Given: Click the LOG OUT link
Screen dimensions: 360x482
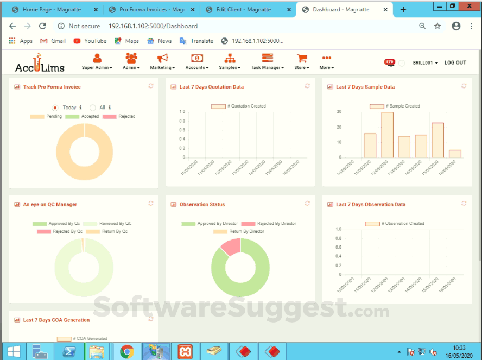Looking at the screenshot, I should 455,63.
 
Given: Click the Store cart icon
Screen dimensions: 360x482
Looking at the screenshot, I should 302,59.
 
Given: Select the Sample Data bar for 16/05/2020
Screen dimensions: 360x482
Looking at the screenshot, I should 455,154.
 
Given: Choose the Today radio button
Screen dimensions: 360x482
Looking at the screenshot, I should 55,108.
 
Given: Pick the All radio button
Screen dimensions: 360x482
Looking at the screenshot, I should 93,108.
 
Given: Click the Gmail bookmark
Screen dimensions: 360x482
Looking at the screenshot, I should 53,41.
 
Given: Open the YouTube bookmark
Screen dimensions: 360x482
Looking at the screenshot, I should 90,41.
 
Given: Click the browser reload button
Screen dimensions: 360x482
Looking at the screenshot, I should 42,26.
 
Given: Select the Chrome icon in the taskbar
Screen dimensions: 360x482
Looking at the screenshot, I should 127,351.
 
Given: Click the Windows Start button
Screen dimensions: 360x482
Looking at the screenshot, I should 12,351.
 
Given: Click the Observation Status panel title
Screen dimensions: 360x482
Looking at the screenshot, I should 202,205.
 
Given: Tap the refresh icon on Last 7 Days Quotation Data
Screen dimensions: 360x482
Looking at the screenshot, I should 307,86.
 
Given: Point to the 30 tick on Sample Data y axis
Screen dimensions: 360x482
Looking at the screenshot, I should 339,112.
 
